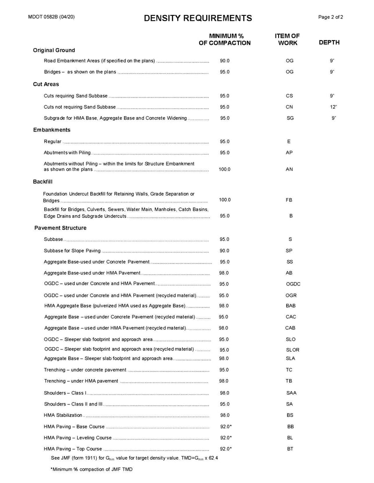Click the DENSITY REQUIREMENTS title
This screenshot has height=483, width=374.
coord(198,18)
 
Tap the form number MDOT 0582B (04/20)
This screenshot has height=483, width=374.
coord(51,17)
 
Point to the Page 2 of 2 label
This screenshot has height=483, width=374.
coord(331,17)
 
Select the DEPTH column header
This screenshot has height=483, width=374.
coord(329,42)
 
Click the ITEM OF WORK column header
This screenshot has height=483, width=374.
coord(288,39)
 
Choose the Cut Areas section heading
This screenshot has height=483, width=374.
coord(46,84)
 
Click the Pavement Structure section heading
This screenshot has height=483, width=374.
coord(60,228)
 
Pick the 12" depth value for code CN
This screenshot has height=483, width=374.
coord(333,107)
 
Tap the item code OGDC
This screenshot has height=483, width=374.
coord(293,284)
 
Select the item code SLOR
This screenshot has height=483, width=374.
coord(293,350)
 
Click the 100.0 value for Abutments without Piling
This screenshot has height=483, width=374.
coord(224,169)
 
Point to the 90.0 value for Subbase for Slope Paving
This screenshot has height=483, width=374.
coord(224,251)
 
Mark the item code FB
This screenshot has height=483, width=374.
coord(289,200)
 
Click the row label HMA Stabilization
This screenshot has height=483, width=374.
coord(63,415)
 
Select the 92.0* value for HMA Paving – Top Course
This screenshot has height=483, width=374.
coord(226,448)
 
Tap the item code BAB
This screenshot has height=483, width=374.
coord(290,306)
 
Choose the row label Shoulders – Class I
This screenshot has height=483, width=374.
coord(65,392)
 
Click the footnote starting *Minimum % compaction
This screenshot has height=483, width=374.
coord(92,469)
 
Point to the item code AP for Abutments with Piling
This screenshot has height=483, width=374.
coord(289,153)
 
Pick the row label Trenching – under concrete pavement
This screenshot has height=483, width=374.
coord(85,370)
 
